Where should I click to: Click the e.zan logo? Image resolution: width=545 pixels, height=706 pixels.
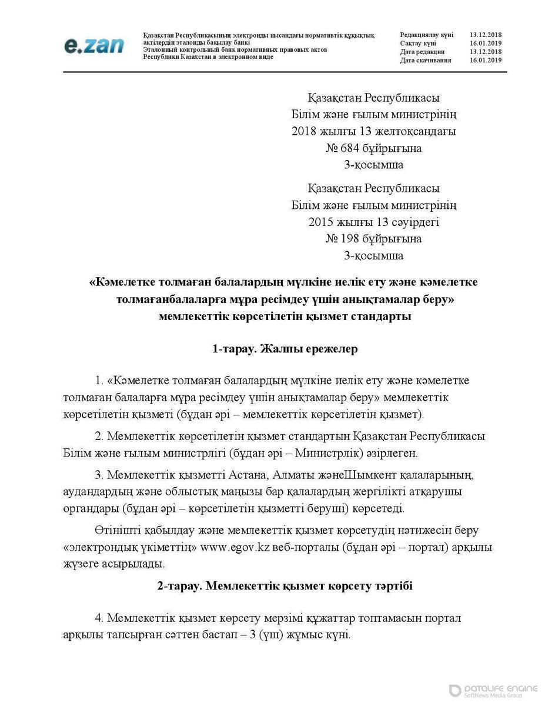93,46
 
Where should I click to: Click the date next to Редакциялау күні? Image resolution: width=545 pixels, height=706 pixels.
486,35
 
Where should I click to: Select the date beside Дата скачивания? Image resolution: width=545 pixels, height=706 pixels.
486,60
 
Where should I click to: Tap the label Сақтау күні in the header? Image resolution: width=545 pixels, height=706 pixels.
418,44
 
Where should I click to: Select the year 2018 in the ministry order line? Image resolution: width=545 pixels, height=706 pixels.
304,131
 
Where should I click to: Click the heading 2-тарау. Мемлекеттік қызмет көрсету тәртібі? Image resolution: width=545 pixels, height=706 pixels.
285,586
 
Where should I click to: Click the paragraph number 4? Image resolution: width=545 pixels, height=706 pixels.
99,618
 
